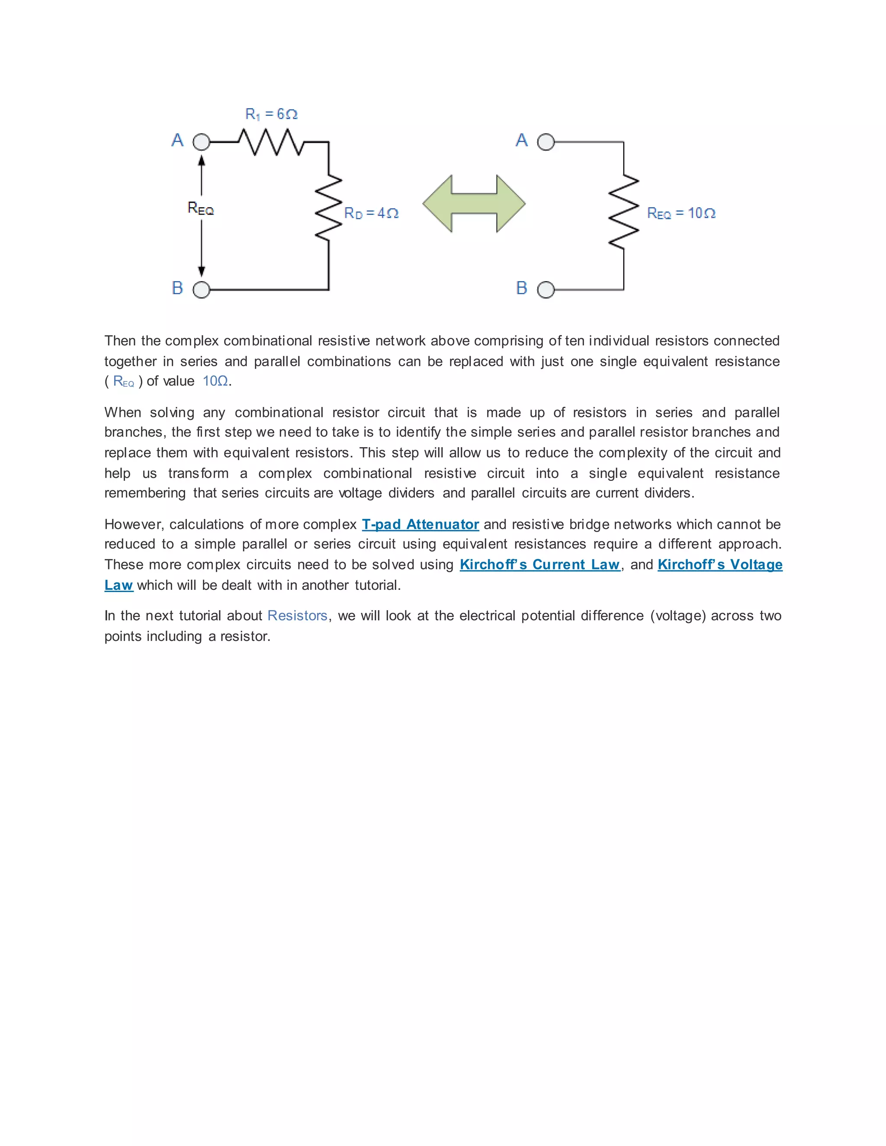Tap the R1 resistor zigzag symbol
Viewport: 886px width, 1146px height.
[x=270, y=142]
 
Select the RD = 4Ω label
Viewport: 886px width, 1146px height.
[x=371, y=213]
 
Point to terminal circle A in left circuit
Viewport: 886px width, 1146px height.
[x=201, y=142]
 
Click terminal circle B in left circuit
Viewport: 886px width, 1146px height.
[x=201, y=290]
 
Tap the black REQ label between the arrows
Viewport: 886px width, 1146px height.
[x=200, y=209]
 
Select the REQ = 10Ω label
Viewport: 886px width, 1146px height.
[x=681, y=213]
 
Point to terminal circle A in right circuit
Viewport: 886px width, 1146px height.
[x=546, y=142]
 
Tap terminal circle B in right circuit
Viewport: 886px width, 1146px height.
[x=546, y=290]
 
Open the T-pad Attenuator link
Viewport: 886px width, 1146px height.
[x=420, y=524]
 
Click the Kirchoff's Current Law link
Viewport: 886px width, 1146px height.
[x=539, y=565]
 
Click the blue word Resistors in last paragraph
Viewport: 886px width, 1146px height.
[x=297, y=615]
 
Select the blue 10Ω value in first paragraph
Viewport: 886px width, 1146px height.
[x=215, y=381]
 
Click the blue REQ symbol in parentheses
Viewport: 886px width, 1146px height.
[x=124, y=381]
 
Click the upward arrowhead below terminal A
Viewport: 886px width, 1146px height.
[x=202, y=159]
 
